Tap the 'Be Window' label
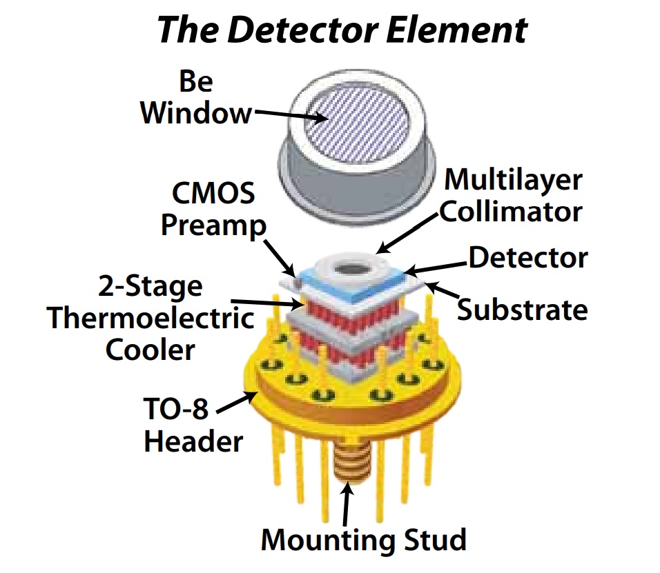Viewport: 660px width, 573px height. click(x=196, y=98)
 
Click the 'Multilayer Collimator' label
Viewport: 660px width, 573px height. click(x=512, y=195)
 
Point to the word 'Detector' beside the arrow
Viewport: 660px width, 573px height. click(x=528, y=257)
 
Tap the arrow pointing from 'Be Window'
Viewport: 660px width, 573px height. click(x=289, y=114)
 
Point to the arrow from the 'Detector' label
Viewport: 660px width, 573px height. click(x=435, y=266)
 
